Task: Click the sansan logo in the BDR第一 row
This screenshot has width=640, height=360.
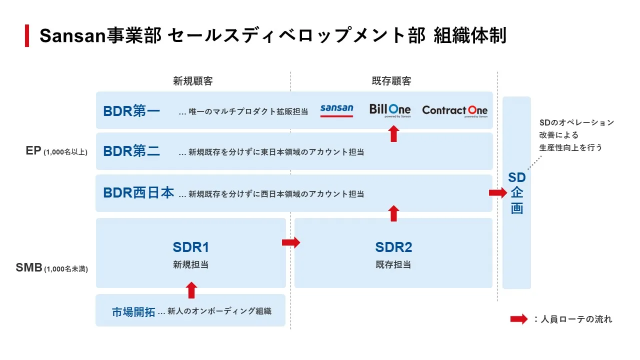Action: [x=336, y=110]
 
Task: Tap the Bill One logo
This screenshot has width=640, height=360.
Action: [x=390, y=110]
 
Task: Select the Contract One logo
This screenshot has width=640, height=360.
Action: [x=454, y=110]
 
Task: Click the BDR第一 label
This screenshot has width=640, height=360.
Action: [x=131, y=111]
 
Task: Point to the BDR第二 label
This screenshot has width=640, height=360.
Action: [x=131, y=151]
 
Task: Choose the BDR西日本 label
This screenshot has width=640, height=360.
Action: [x=138, y=193]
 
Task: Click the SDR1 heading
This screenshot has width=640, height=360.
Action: [x=190, y=247]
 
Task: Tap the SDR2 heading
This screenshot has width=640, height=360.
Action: [x=393, y=247]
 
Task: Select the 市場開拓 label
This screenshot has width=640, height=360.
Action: [x=133, y=312]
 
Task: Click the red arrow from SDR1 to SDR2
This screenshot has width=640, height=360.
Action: [x=291, y=242]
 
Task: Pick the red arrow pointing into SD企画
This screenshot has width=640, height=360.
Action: [x=497, y=193]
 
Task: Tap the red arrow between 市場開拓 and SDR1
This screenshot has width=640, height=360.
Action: [x=191, y=290]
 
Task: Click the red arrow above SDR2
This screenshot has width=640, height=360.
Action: [x=393, y=213]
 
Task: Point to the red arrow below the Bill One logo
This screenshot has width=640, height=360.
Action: [x=393, y=134]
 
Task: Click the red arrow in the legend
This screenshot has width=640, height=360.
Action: [x=518, y=319]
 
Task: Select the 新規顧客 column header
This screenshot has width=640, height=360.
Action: [x=193, y=81]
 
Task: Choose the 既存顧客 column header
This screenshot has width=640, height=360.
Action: [x=391, y=81]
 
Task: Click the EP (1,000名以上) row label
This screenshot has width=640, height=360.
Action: [x=56, y=151]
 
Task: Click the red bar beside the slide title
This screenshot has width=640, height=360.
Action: [x=27, y=36]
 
